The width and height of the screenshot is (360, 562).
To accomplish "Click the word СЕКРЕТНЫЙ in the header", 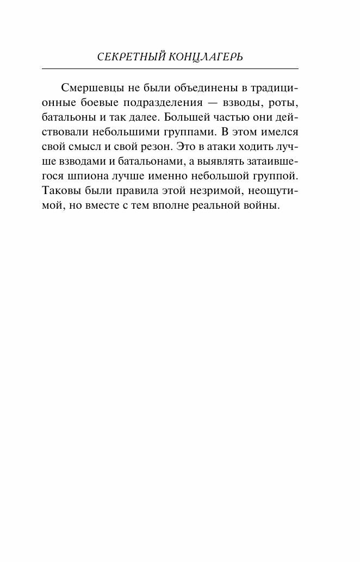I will [128, 57].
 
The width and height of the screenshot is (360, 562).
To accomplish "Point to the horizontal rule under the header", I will [170, 68].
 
